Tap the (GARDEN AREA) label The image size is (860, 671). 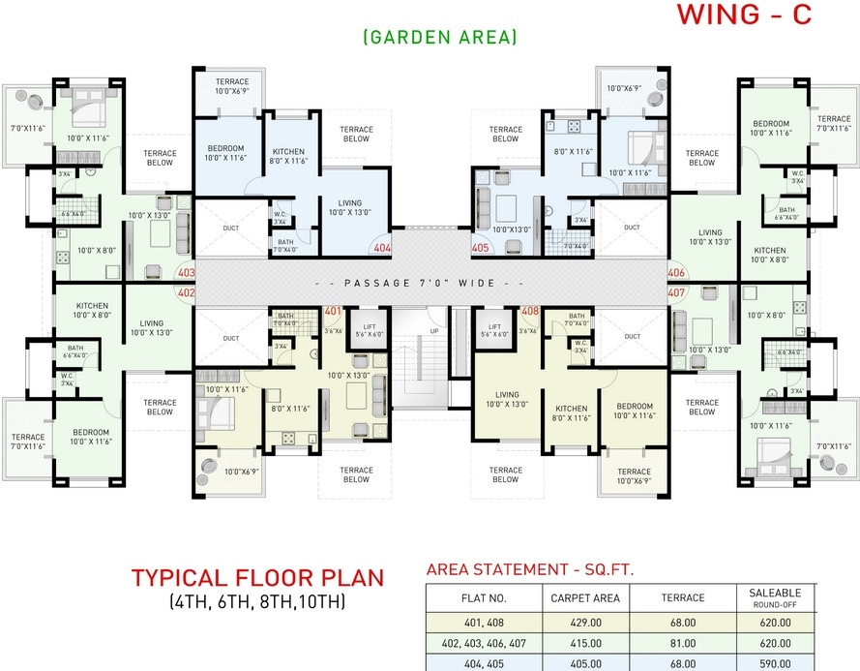click(440, 37)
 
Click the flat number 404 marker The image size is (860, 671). click(382, 248)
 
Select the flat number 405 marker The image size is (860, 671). click(481, 248)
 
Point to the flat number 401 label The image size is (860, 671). click(333, 312)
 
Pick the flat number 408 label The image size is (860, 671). click(530, 312)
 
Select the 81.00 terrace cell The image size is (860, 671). click(682, 643)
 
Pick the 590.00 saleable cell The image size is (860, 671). click(773, 664)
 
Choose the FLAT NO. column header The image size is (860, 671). click(483, 598)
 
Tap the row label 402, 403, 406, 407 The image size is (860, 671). click(483, 643)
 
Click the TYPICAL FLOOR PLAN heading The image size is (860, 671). click(257, 579)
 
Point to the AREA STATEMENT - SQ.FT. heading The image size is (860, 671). click(529, 569)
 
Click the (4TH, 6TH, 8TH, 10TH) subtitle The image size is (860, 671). click(257, 601)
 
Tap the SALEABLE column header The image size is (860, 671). click(773, 594)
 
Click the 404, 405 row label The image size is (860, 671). click(483, 664)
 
